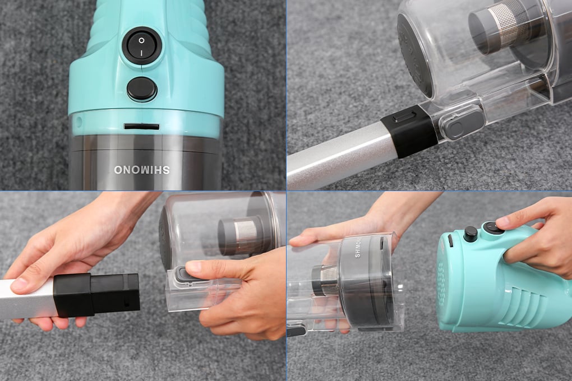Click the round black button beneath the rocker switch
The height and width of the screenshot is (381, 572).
pos(142,89)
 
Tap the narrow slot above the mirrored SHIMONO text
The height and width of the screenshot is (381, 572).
pos(141,127)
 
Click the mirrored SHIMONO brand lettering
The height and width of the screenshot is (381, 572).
pos(141,170)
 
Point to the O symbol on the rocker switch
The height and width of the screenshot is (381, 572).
pos(141,40)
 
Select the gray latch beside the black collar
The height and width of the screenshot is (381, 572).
pos(461,124)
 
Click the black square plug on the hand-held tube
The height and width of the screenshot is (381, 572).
pos(96,295)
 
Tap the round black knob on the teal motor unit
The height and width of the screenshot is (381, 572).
pos(470,233)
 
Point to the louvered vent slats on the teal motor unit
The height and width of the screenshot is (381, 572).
pos(528,302)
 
